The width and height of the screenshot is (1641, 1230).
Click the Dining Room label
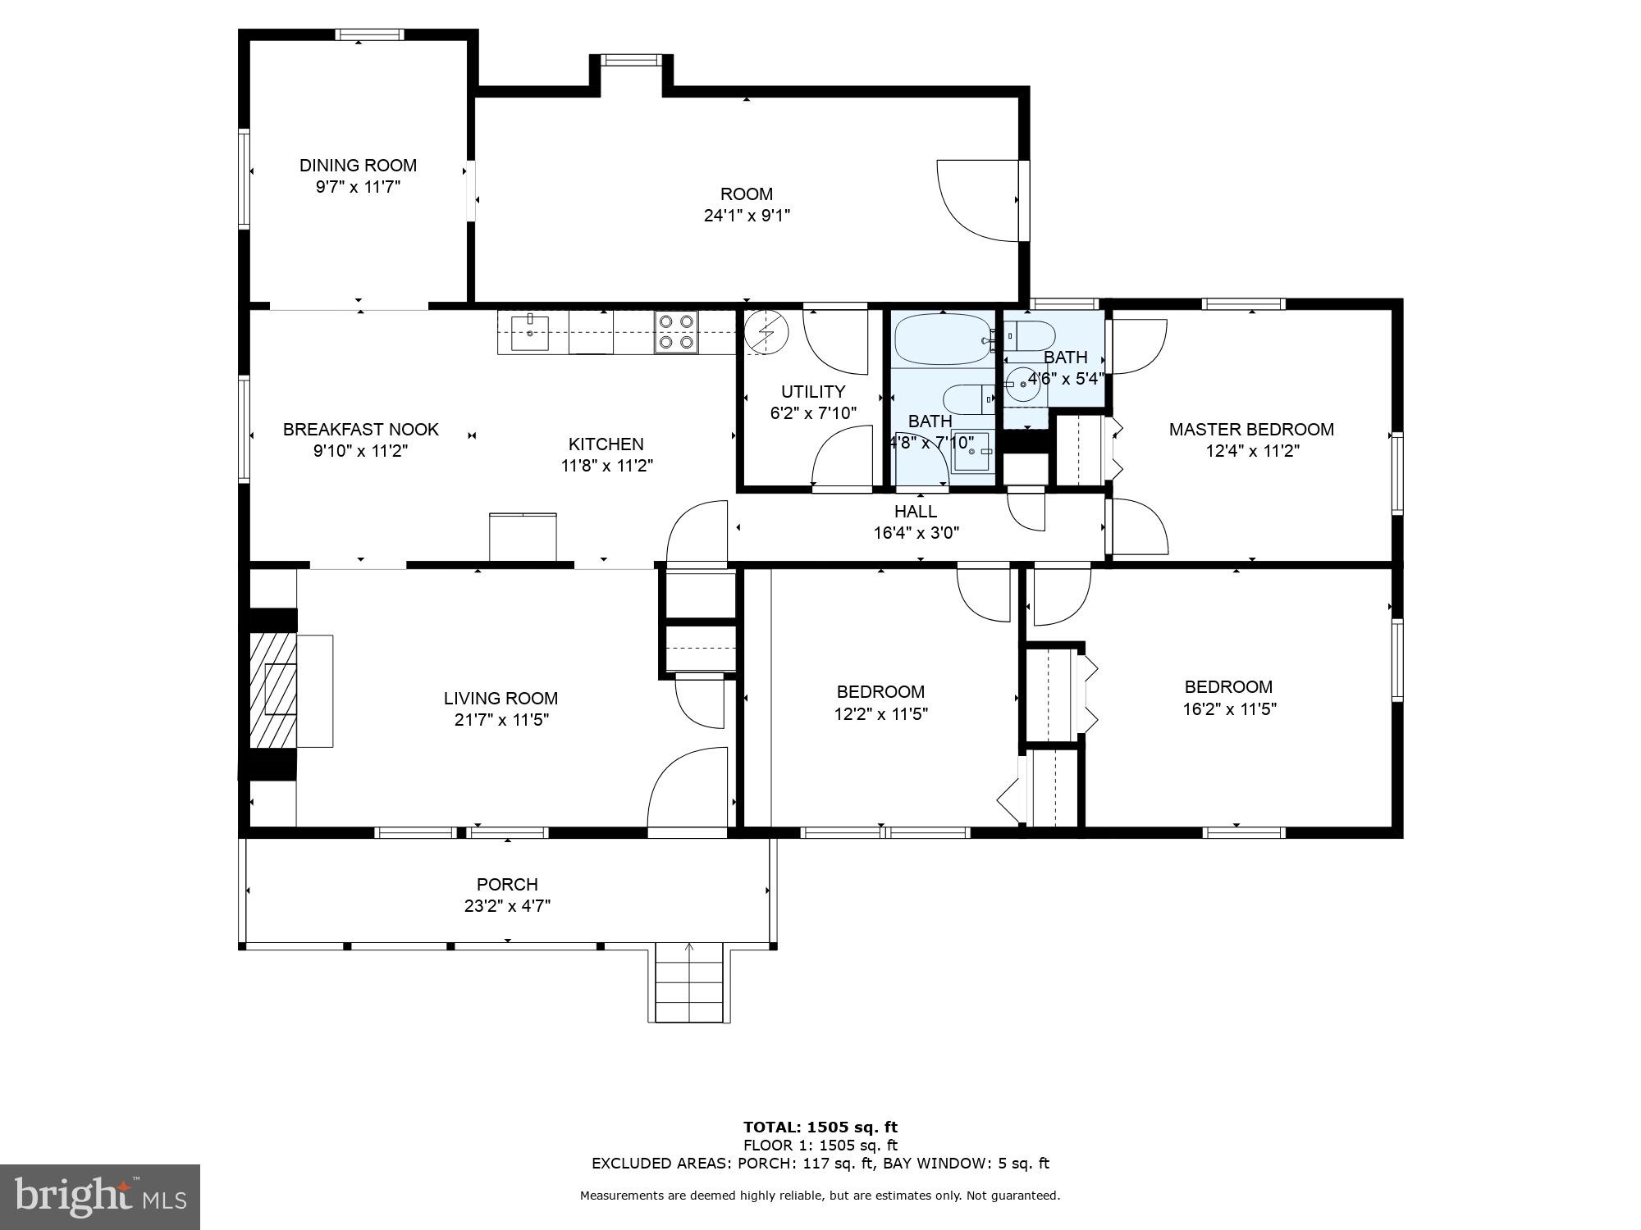click(358, 166)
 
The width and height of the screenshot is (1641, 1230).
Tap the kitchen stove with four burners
click(675, 332)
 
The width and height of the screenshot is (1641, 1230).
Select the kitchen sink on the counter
click(531, 332)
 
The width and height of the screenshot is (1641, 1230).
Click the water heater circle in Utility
click(766, 331)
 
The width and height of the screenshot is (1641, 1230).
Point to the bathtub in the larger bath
click(942, 339)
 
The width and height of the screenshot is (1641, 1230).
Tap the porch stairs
click(689, 983)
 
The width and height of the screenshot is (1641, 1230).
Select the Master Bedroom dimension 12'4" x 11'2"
click(1252, 451)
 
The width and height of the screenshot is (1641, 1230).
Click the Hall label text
click(916, 512)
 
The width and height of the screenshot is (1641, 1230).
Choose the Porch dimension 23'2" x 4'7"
click(507, 906)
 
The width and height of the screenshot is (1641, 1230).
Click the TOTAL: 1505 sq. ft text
click(820, 1127)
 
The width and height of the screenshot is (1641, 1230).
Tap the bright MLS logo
click(100, 1197)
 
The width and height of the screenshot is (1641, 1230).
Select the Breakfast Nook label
click(361, 430)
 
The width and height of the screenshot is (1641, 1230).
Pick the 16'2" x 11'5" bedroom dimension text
click(1229, 709)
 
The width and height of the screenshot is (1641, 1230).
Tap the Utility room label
click(813, 392)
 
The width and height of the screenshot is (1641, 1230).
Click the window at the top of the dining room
click(369, 34)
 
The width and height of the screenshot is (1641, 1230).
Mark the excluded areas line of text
click(820, 1163)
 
